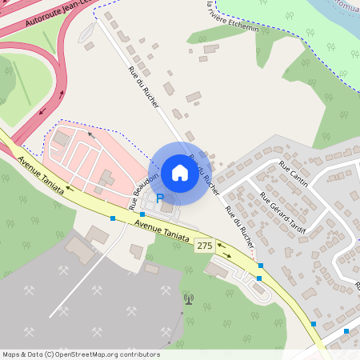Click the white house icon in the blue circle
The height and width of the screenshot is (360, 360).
(180, 173)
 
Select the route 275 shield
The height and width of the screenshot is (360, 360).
(204, 246)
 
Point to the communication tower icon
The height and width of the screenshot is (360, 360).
(189, 300)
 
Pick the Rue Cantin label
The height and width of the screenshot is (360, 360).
(294, 170)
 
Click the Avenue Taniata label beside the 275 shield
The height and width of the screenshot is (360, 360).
(162, 232)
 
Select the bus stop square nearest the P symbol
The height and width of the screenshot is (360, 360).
(142, 214)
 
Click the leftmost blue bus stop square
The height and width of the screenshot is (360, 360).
(113, 218)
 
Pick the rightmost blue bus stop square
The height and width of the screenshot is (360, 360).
(346, 331)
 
